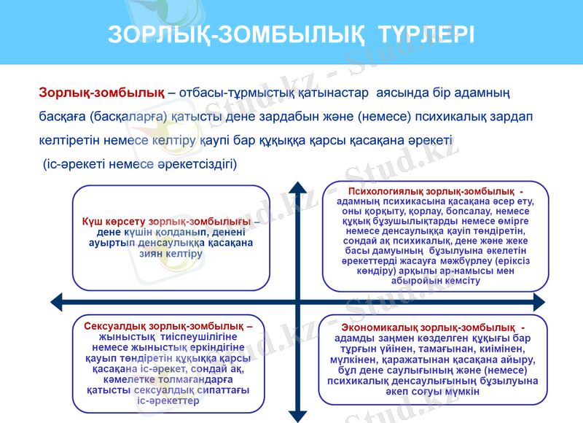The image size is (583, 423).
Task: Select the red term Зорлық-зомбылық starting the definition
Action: click(101, 93)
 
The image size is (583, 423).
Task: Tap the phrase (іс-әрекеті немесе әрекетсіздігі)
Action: click(139, 163)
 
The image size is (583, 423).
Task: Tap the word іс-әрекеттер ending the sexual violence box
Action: click(168, 401)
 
